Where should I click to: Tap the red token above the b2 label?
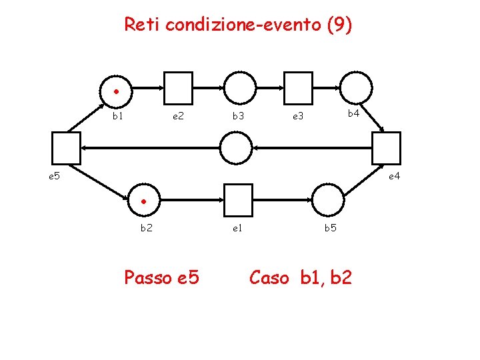[143, 202]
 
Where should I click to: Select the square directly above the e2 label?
[178, 87]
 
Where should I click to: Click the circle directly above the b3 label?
[239, 87]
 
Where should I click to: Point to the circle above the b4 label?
[357, 87]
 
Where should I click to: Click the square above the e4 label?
[387, 147]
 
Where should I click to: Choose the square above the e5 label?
[66, 148]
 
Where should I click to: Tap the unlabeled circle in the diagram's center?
[237, 147]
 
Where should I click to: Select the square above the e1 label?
[237, 199]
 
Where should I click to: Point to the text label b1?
[117, 116]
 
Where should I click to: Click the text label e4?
[394, 176]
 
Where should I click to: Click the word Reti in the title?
[143, 25]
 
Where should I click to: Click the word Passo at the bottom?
[147, 277]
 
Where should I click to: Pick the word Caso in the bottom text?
[269, 277]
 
